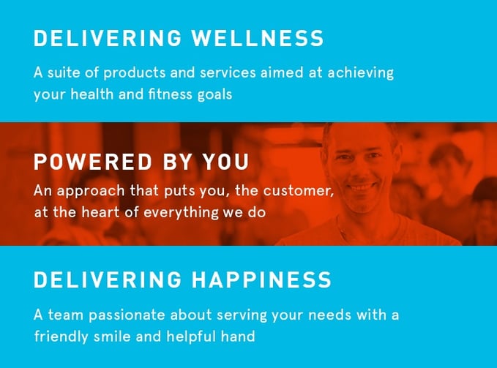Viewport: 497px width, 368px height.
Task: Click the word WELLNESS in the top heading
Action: [258, 38]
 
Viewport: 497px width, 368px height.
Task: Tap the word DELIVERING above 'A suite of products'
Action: [108, 38]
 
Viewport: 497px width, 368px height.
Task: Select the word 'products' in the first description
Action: [135, 73]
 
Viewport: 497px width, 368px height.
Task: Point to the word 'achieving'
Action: [360, 73]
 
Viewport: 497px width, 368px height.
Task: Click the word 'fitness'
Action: [170, 94]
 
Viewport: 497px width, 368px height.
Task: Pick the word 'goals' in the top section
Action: [214, 95]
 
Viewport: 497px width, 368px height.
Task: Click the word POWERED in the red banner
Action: [93, 162]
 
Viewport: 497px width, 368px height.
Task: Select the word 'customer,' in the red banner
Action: [299, 191]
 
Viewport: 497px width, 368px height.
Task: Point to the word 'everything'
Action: [181, 212]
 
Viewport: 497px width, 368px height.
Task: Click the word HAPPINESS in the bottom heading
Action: [261, 279]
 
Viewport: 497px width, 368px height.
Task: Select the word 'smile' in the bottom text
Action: [112, 336]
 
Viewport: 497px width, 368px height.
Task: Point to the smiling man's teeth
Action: [362, 187]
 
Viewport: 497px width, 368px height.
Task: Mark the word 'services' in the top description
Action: [228, 73]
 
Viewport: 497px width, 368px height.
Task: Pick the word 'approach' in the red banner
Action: [91, 192]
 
